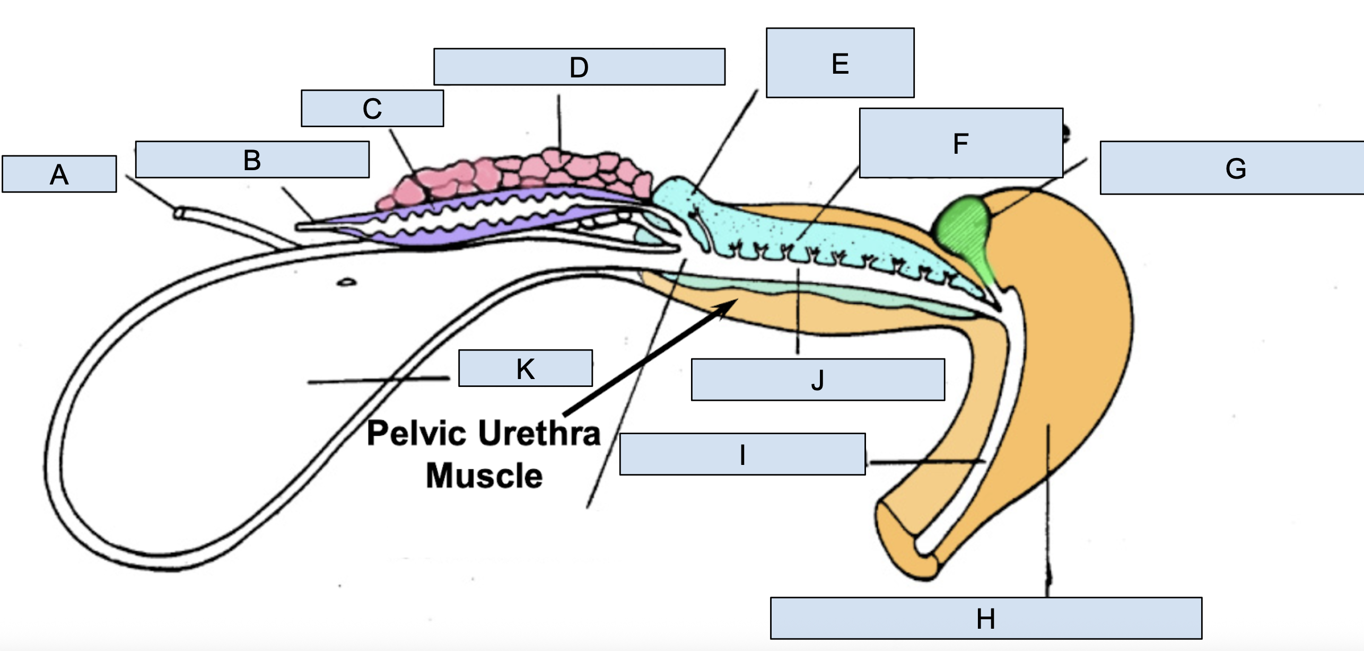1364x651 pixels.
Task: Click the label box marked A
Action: (59, 174)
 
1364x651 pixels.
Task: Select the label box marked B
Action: (252, 160)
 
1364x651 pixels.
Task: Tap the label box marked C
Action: (372, 109)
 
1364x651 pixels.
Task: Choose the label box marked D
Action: (579, 67)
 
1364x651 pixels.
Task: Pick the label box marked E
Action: (840, 63)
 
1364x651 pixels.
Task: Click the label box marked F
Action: (961, 143)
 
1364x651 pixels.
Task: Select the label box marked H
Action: (986, 618)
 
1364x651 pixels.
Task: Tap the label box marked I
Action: (742, 454)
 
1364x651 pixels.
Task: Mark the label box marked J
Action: (818, 380)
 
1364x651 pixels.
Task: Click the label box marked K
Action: (526, 368)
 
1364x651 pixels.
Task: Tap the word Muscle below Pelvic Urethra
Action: (484, 476)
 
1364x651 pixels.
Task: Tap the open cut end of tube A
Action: (179, 213)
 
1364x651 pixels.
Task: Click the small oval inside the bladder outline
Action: (346, 282)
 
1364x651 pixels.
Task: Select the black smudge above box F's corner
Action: (1066, 132)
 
